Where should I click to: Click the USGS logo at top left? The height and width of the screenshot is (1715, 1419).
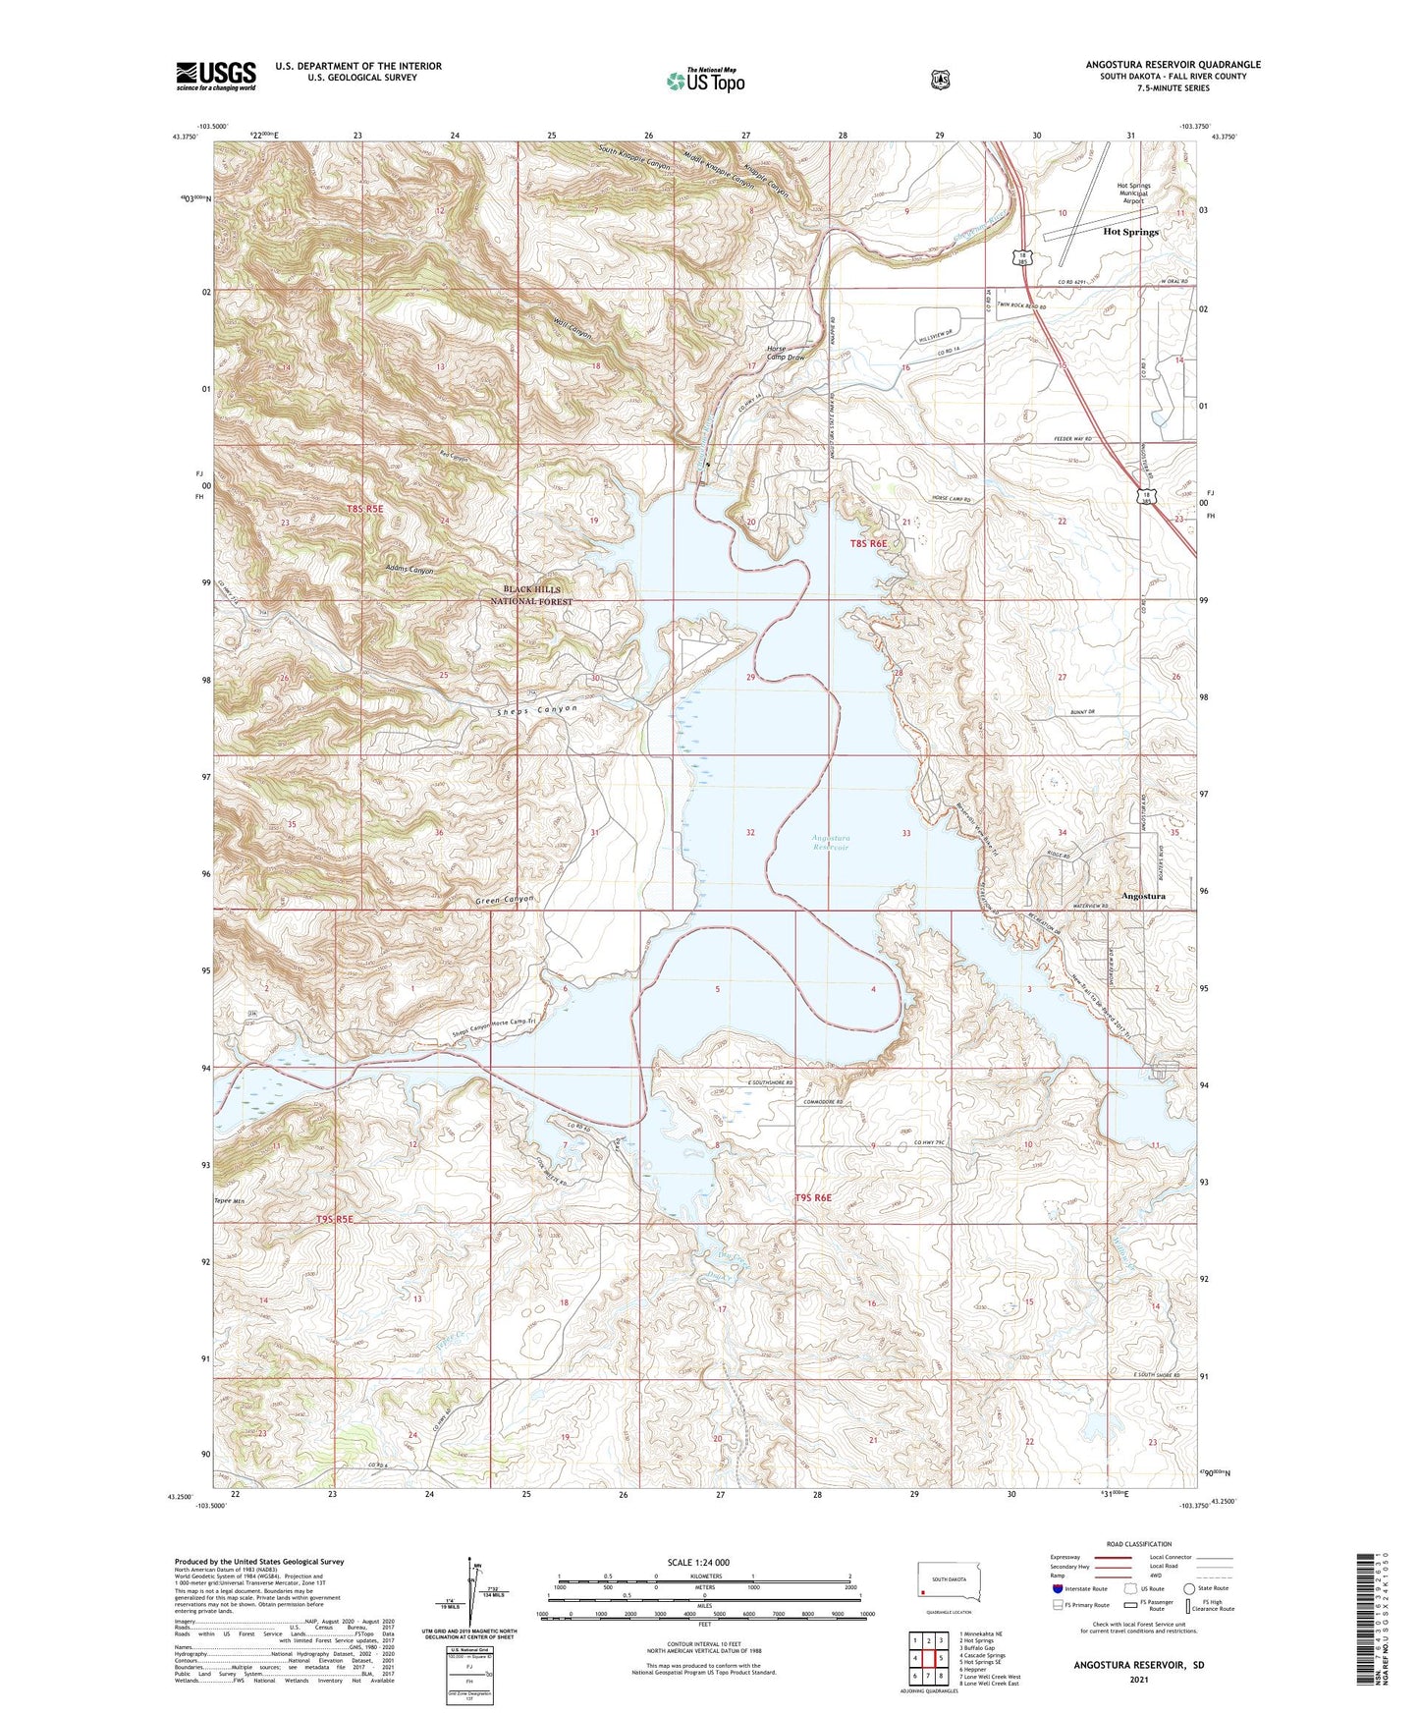(216, 76)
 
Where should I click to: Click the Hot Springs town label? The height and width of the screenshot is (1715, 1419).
(1130, 232)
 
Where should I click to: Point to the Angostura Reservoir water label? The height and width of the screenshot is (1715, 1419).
(830, 842)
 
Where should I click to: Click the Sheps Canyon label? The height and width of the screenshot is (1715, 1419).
(536, 709)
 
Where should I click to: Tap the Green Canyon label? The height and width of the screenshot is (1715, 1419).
(505, 900)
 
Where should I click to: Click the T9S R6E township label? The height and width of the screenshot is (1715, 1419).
(813, 1197)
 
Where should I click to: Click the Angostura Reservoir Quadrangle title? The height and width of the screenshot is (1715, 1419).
(1173, 65)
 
